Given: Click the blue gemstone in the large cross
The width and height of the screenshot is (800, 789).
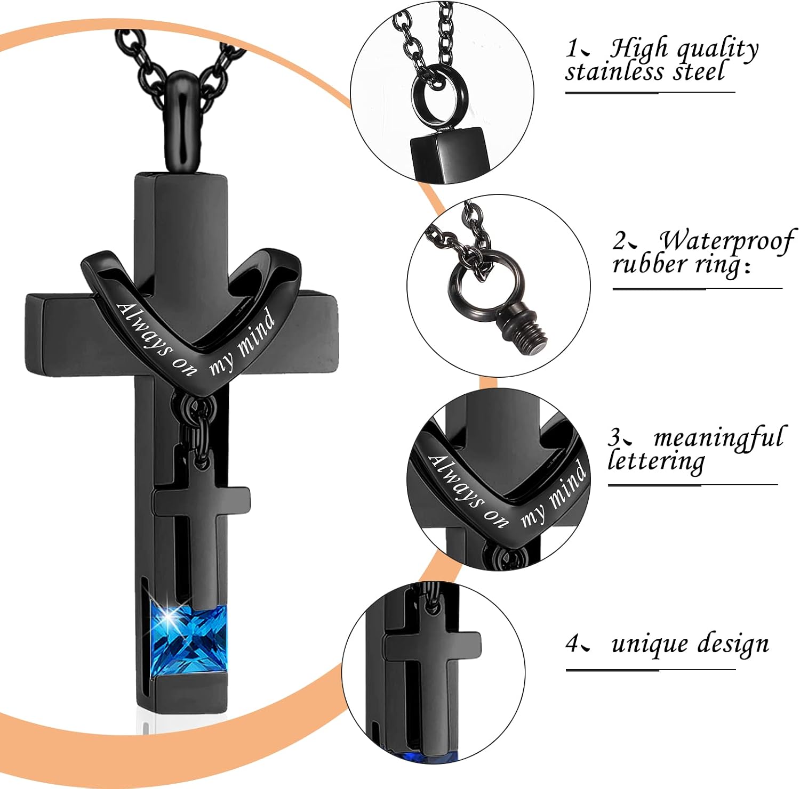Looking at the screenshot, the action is tap(189, 641).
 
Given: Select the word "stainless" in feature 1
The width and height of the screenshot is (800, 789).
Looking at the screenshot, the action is tap(615, 71).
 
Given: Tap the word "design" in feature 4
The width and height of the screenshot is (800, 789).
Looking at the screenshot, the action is tap(734, 645).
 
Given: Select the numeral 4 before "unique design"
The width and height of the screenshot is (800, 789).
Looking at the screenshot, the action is tap(572, 645).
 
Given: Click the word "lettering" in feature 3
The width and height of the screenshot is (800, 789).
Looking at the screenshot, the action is tap(656, 461).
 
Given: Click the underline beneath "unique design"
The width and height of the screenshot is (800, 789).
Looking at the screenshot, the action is tap(651, 669).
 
